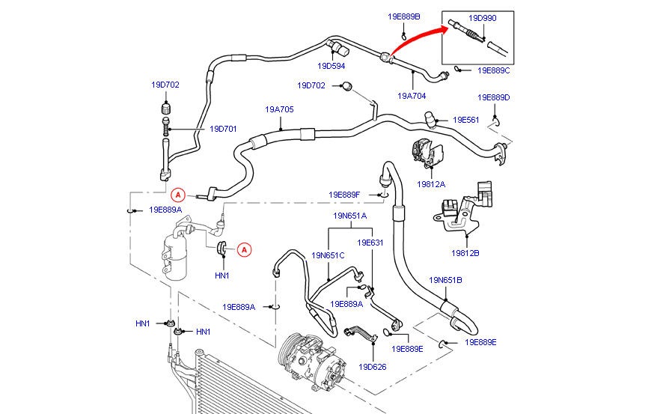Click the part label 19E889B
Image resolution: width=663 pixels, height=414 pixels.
404,16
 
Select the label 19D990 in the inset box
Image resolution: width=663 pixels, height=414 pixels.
482,17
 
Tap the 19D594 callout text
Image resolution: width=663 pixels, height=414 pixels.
332,65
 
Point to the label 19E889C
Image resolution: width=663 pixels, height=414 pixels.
494,70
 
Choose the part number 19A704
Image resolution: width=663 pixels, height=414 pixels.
412,96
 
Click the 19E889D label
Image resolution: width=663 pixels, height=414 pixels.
494,97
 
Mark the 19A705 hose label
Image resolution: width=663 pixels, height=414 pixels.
279,109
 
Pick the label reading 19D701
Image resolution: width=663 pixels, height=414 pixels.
223,129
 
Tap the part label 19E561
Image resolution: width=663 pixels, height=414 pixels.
465,120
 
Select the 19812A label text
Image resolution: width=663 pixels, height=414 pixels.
431,184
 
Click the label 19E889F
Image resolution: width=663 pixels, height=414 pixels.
344,195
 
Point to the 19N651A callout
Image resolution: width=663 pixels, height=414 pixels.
350,216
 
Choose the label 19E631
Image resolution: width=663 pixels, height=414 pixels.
370,243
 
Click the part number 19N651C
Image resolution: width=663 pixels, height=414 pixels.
329,255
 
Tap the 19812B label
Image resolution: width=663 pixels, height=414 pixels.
465,253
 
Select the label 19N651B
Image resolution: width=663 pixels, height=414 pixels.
446,280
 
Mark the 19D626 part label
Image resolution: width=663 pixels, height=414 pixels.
372,367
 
